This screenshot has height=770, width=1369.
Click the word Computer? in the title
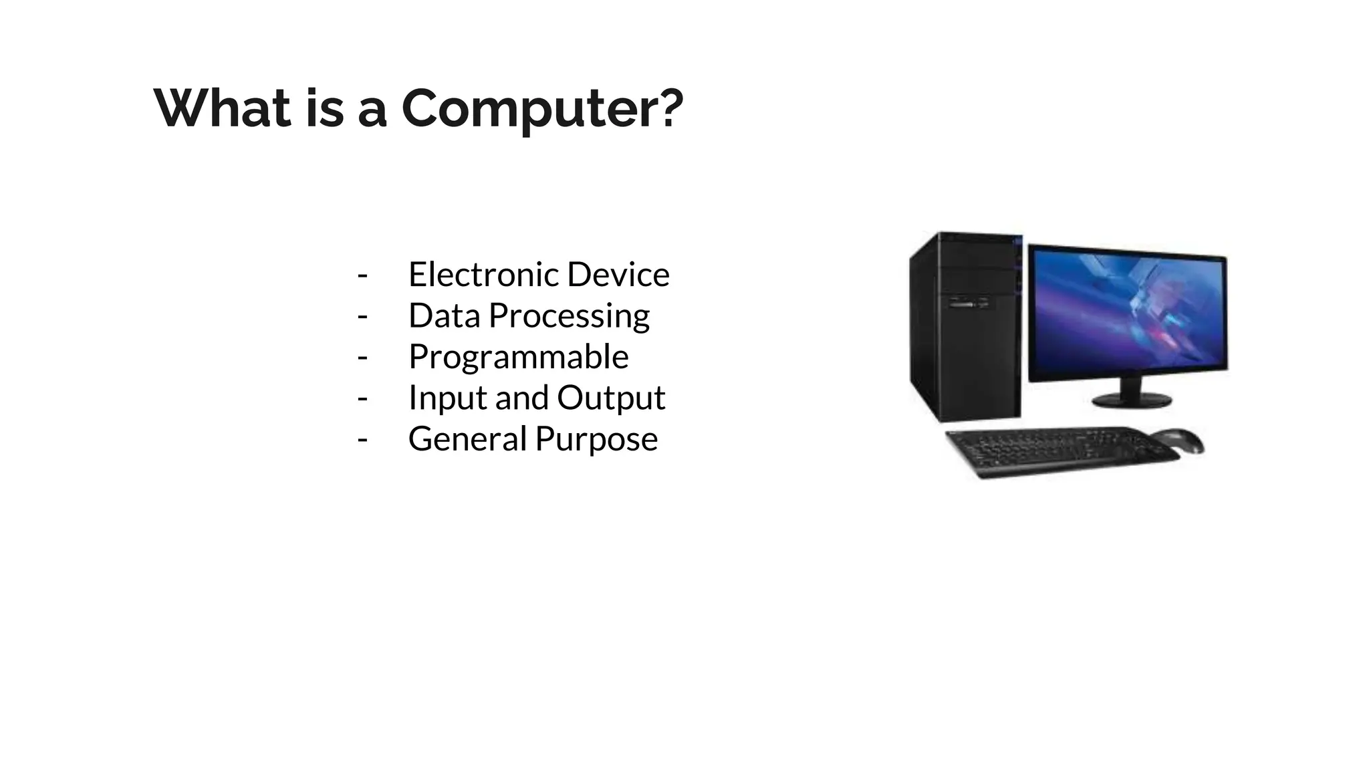tap(542, 108)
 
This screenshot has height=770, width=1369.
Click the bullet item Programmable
tap(518, 357)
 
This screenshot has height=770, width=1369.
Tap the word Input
tap(447, 398)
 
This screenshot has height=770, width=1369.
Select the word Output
tap(611, 398)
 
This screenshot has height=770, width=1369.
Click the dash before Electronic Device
tap(362, 275)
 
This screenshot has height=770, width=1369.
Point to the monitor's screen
tap(1127, 312)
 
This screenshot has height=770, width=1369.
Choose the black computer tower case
tap(965, 328)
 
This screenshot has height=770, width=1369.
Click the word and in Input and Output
tap(521, 398)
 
